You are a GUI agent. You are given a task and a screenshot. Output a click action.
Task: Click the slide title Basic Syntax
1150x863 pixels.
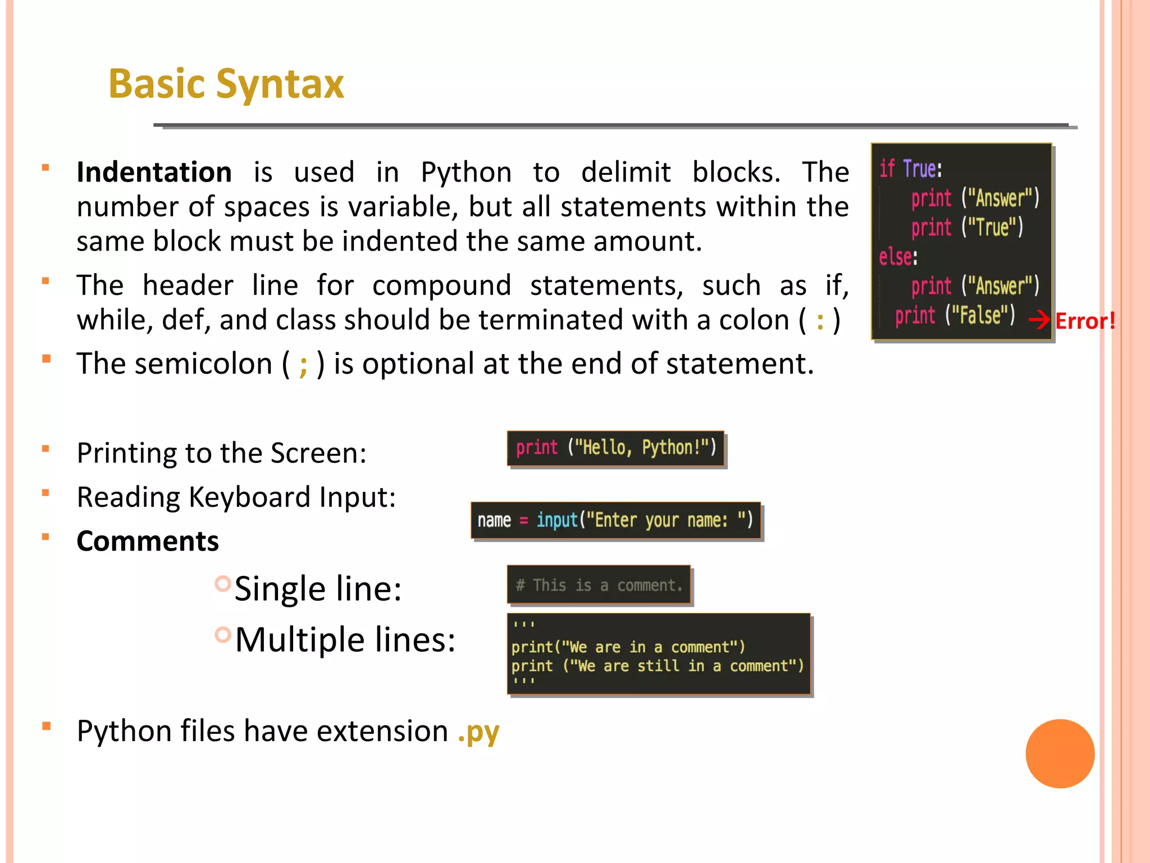click(x=226, y=84)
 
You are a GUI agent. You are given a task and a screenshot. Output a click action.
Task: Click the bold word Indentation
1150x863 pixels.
click(x=154, y=172)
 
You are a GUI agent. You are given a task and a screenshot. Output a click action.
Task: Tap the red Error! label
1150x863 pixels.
click(x=1084, y=321)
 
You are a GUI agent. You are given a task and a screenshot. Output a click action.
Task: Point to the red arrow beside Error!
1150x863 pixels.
click(x=1039, y=320)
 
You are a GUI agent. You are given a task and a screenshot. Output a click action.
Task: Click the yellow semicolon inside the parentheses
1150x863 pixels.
click(x=303, y=365)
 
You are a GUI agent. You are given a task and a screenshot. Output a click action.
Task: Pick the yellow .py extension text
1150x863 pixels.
click(x=478, y=732)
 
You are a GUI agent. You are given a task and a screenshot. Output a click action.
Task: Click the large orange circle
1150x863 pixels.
click(x=1060, y=753)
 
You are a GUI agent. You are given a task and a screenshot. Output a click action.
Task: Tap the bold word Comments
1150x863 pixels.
click(x=148, y=541)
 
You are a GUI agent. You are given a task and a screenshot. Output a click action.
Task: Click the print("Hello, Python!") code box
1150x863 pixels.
click(x=615, y=448)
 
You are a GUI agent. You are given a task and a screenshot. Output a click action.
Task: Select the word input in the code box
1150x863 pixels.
click(x=556, y=520)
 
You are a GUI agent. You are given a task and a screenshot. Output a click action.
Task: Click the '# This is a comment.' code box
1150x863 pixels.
click(x=599, y=585)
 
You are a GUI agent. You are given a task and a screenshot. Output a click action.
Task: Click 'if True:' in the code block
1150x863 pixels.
click(x=910, y=169)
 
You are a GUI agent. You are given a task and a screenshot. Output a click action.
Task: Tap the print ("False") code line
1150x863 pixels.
click(x=955, y=315)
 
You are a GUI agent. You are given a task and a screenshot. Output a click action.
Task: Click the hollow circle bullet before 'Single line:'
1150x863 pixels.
click(x=223, y=584)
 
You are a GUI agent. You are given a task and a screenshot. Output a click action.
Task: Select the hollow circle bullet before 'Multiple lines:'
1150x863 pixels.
click(x=223, y=635)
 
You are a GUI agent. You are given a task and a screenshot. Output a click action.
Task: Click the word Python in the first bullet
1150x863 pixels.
click(x=466, y=172)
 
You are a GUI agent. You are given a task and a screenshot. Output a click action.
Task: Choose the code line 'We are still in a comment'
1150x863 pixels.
click(x=657, y=666)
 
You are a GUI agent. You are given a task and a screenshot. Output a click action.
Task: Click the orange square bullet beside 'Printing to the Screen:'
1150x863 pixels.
click(x=46, y=448)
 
